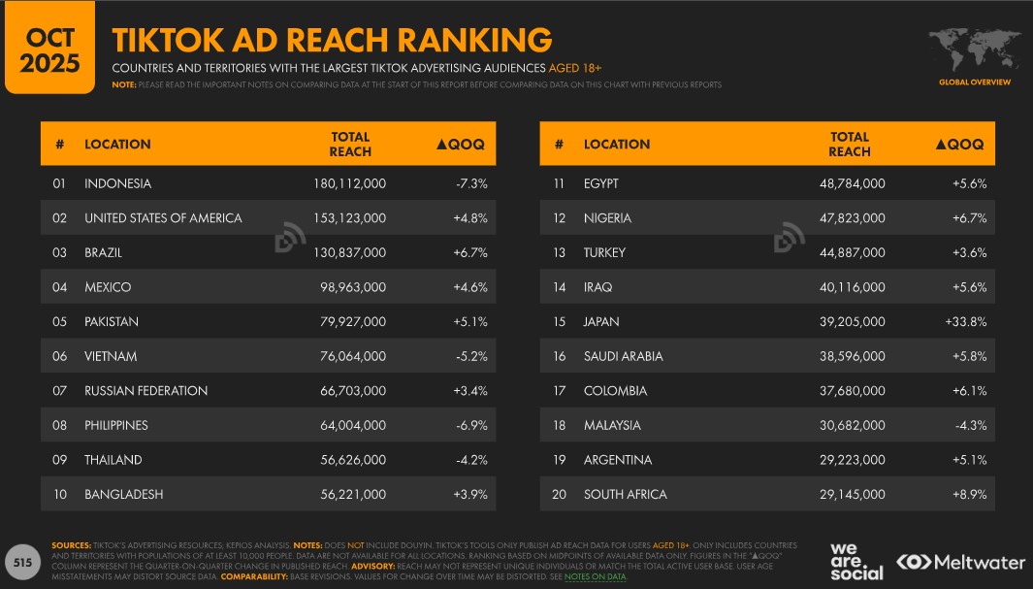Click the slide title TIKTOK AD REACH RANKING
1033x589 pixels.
(332, 40)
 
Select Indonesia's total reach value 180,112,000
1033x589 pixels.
(349, 183)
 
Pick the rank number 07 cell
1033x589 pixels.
(60, 390)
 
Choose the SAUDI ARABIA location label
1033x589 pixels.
(623, 356)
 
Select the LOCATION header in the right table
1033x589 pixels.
(617, 144)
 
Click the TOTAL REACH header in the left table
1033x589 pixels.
(350, 144)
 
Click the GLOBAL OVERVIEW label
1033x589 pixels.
(974, 82)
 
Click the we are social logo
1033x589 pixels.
(856, 561)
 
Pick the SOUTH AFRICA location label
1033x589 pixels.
(625, 494)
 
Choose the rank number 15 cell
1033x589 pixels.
(559, 321)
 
